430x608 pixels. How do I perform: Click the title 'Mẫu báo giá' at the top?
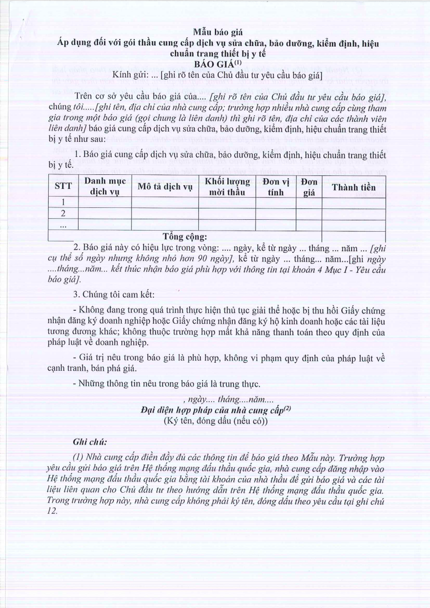coord(216,31)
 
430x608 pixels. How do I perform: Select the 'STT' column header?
coord(63,187)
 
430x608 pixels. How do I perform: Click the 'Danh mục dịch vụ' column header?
coord(105,187)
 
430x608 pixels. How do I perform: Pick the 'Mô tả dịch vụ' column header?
coord(165,187)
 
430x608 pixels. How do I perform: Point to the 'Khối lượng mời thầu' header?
coord(227,187)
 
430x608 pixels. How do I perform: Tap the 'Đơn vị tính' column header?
coord(275,187)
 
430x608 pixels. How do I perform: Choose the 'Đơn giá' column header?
coord(309,187)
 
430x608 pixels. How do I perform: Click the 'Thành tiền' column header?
coord(353,187)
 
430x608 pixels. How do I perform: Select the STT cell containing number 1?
coord(63,202)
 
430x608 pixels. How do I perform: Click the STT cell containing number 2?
coord(63,213)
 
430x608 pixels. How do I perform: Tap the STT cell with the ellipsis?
coord(63,224)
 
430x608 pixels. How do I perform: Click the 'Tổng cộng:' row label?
coord(185,236)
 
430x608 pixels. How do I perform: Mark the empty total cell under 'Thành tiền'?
coord(353,236)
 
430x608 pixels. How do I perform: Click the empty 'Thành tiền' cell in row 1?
coord(353,202)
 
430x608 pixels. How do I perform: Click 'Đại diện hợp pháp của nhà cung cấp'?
coord(212,409)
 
